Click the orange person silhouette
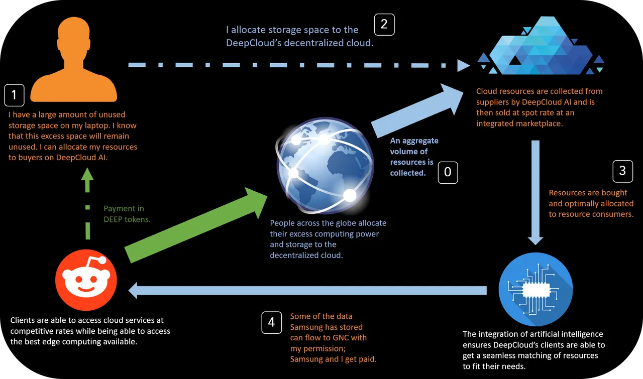coord(74,60)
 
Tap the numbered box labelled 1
coord(15,95)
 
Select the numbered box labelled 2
coord(384,25)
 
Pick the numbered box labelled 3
coord(622,171)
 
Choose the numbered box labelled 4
coord(272,322)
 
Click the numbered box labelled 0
coord(448,172)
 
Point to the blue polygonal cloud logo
coord(541,45)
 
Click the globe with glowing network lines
coord(325,166)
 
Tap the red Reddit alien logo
coord(86,280)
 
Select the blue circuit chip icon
coord(535,289)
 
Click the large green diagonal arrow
coord(196,225)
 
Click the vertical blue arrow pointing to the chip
coord(535,193)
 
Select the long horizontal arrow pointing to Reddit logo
coord(307,290)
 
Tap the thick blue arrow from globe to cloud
coord(417,111)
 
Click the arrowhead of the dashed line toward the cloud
coord(463,65)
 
